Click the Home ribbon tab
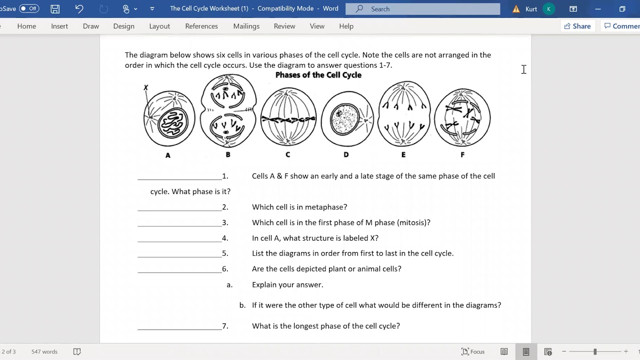point(26,26)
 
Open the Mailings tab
point(246,26)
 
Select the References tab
point(201,26)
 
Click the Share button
point(577,26)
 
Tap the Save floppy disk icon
point(55,9)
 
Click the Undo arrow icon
point(79,9)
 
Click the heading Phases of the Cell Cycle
point(318,75)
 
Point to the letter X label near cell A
point(145,87)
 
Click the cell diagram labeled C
point(288,117)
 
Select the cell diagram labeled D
point(346,119)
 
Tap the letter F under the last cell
point(462,155)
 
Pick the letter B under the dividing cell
point(228,154)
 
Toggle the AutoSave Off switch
point(29,9)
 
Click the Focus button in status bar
point(473,351)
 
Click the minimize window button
point(598,9)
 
